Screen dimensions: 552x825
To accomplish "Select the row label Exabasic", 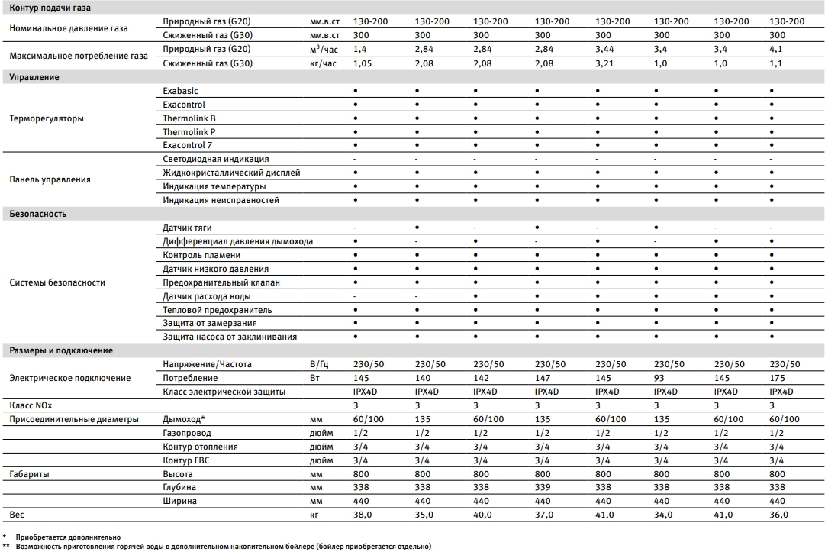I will coord(180,91).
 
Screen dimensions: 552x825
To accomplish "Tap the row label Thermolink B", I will coord(189,118).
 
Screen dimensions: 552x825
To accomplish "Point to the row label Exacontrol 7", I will coord(188,145).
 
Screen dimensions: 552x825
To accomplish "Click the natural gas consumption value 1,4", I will coord(360,49).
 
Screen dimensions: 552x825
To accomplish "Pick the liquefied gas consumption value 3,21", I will coord(605,63).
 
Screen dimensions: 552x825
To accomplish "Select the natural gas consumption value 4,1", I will coord(777,49).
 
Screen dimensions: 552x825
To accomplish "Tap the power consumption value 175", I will coord(777,378).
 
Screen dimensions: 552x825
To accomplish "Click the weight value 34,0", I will coord(662,515).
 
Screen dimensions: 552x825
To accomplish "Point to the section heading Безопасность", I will coord(37,214).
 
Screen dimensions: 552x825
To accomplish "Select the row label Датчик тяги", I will coord(187,228).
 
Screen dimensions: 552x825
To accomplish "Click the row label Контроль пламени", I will coord(201,255).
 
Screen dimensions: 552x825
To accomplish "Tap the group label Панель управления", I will coord(50,179).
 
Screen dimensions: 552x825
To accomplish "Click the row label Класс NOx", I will coord(32,405).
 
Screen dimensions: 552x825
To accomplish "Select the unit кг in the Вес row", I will coord(314,515).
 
